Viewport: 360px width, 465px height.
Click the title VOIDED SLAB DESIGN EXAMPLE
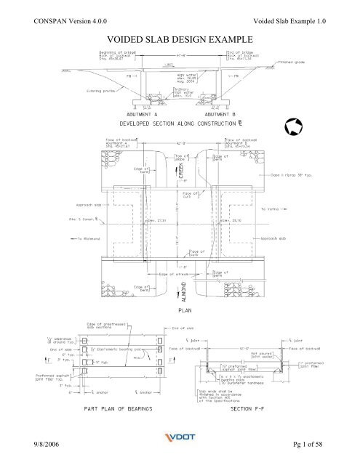[x=180, y=37]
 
